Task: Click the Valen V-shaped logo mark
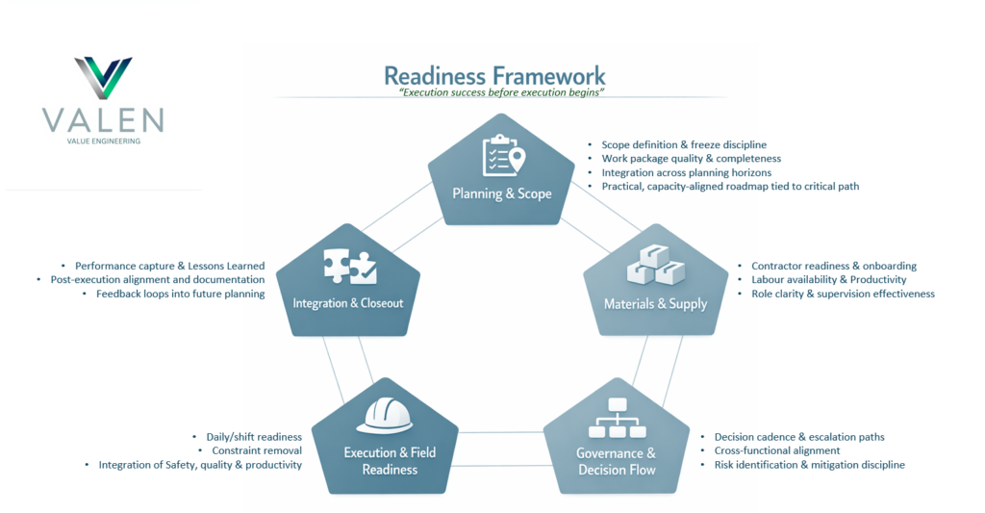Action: (x=103, y=78)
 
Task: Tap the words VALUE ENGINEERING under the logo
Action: (x=103, y=141)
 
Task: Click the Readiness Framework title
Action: (x=494, y=76)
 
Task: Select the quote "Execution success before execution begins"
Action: (x=501, y=92)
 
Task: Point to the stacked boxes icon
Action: (x=654, y=266)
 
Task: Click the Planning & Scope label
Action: (x=502, y=193)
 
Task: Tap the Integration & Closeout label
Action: (x=348, y=303)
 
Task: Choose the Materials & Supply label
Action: (x=655, y=304)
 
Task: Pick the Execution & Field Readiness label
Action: (x=390, y=461)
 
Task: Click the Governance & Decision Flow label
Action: (x=617, y=462)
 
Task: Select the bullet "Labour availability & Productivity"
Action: (x=829, y=279)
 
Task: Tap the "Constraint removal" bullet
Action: (x=257, y=450)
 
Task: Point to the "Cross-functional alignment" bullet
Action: (x=776, y=450)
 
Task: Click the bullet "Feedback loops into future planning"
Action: (x=180, y=294)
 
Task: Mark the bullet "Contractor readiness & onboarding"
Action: (x=833, y=266)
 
